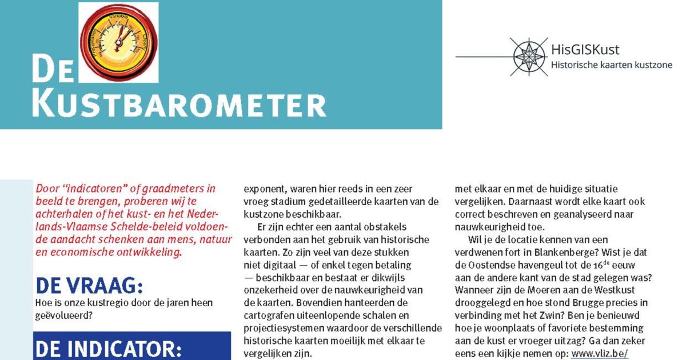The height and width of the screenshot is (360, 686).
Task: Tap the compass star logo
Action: click(x=529, y=57)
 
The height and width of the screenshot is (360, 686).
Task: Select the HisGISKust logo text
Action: click(x=585, y=50)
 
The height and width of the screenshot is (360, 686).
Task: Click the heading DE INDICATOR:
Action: click(x=109, y=348)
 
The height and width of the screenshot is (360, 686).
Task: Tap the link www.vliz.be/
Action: click(x=600, y=354)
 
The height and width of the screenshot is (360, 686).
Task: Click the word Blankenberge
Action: click(x=584, y=252)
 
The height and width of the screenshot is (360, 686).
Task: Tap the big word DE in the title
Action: click(x=53, y=70)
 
